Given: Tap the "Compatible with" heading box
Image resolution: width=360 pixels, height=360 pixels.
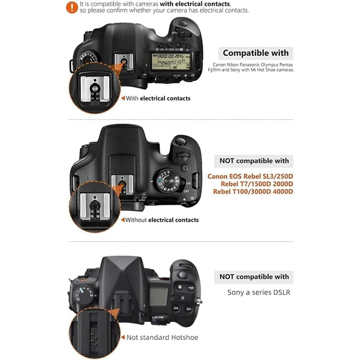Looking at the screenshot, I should click(256, 53).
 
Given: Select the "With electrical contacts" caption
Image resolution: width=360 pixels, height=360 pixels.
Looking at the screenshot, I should click(158, 98).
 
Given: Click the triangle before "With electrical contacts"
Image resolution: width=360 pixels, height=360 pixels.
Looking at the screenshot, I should click(122, 98).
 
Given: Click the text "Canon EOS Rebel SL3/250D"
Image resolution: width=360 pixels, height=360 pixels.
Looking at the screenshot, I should click(250, 176).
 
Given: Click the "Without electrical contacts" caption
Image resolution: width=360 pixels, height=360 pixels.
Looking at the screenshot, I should click(162, 220).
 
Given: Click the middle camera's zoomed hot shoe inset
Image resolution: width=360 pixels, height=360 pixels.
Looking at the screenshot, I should click(96, 209).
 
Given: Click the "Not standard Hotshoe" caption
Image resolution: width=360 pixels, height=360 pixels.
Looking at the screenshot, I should click(162, 337).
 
